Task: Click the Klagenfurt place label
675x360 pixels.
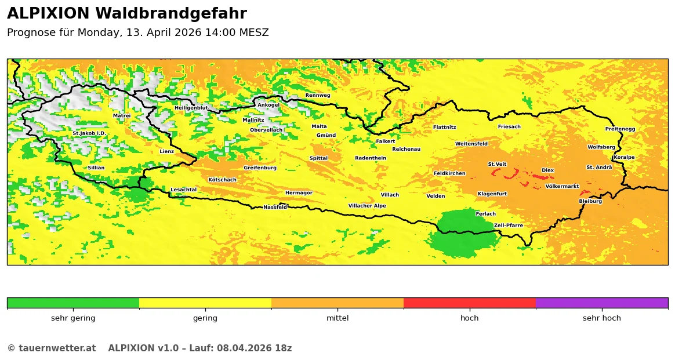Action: click(x=492, y=194)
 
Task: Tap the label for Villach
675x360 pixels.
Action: click(x=390, y=195)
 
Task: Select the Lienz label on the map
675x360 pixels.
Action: click(x=166, y=151)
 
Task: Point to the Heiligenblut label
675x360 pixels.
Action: click(x=191, y=108)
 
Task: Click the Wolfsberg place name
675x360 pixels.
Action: click(x=601, y=147)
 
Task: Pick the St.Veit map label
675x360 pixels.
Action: click(x=497, y=164)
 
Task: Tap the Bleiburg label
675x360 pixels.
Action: click(x=590, y=201)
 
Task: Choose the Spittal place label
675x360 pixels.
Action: click(x=318, y=158)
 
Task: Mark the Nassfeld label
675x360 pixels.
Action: click(x=275, y=207)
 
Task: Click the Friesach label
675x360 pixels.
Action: click(x=509, y=126)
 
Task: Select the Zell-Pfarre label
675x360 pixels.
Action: click(x=508, y=226)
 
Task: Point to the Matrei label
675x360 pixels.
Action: click(x=122, y=115)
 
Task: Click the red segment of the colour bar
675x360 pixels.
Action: click(x=469, y=303)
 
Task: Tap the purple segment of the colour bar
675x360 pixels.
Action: click(x=601, y=303)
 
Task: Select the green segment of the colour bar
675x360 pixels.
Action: click(x=73, y=303)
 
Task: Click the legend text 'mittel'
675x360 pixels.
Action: click(x=338, y=318)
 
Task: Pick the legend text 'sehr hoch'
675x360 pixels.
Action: click(x=601, y=318)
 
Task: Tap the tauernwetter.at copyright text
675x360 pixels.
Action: click(x=51, y=348)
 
